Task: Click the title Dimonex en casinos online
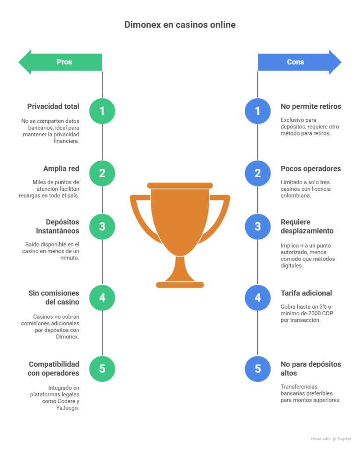pyautogui.click(x=180, y=25)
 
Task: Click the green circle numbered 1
pyautogui.click(x=102, y=111)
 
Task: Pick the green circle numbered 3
pyautogui.click(x=102, y=227)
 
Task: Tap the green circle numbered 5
pyautogui.click(x=102, y=368)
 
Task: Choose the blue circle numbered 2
pyautogui.click(x=258, y=173)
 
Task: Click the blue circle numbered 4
pyautogui.click(x=258, y=298)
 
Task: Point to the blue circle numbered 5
pyautogui.click(x=258, y=368)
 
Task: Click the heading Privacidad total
pyautogui.click(x=53, y=107)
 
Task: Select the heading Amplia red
pyautogui.click(x=61, y=169)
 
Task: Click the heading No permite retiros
pyautogui.click(x=311, y=107)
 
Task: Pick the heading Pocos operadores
pyautogui.click(x=311, y=169)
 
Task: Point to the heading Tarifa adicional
pyautogui.click(x=306, y=293)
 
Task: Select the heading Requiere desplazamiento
pyautogui.click(x=307, y=226)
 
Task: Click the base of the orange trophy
pyautogui.click(x=180, y=285)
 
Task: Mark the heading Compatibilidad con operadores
pyautogui.click(x=53, y=368)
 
